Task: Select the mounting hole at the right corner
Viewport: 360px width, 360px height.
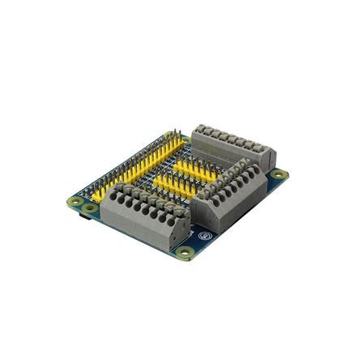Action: click(x=278, y=174)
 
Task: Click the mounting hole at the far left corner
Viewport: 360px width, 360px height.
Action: click(x=75, y=201)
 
